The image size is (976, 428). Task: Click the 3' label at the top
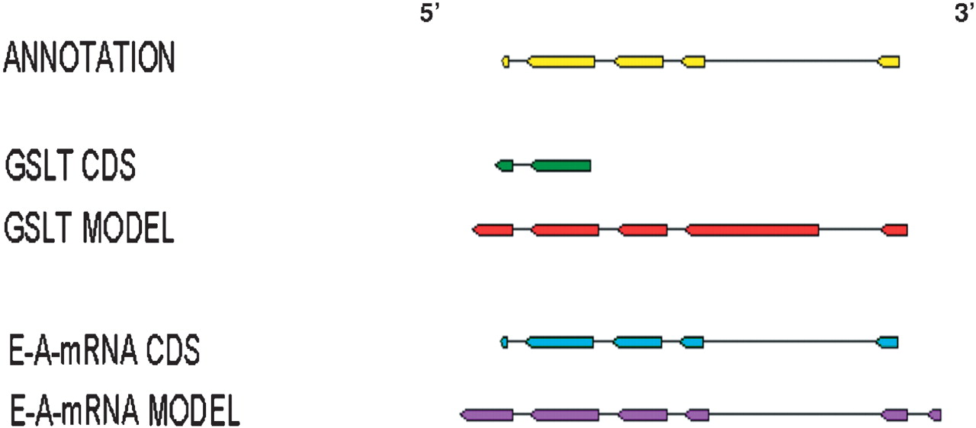pos(963,15)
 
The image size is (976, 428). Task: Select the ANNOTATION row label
pos(89,59)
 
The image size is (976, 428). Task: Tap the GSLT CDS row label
pos(70,165)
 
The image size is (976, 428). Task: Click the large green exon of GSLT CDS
pos(561,165)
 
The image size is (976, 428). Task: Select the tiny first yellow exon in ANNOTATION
pos(506,61)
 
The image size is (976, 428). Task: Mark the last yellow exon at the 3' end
pos(889,61)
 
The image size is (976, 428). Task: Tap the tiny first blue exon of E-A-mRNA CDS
pos(504,343)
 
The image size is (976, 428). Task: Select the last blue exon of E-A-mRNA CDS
pos(888,343)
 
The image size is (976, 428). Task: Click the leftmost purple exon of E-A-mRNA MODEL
pos(486,414)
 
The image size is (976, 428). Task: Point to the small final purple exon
pos(936,414)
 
